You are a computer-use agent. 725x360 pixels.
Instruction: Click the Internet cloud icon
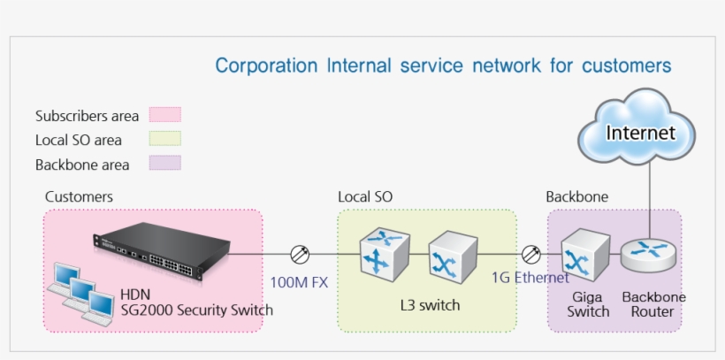(x=640, y=134)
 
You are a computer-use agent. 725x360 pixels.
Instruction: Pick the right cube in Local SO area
(x=451, y=257)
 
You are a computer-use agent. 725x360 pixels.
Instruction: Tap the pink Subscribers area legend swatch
(x=164, y=115)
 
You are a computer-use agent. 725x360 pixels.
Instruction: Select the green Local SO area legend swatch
(x=164, y=139)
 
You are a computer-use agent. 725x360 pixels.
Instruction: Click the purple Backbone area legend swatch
(x=164, y=164)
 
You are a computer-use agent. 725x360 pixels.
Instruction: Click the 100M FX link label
(x=299, y=282)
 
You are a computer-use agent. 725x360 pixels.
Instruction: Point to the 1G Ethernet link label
(x=530, y=278)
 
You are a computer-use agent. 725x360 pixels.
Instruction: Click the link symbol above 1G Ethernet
(x=531, y=255)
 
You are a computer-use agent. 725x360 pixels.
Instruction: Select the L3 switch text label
(x=430, y=305)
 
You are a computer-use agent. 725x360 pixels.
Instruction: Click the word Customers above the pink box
(x=79, y=196)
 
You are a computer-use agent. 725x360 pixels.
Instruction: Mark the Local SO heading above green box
(x=364, y=196)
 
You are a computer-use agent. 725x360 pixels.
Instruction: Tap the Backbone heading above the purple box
(x=576, y=196)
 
